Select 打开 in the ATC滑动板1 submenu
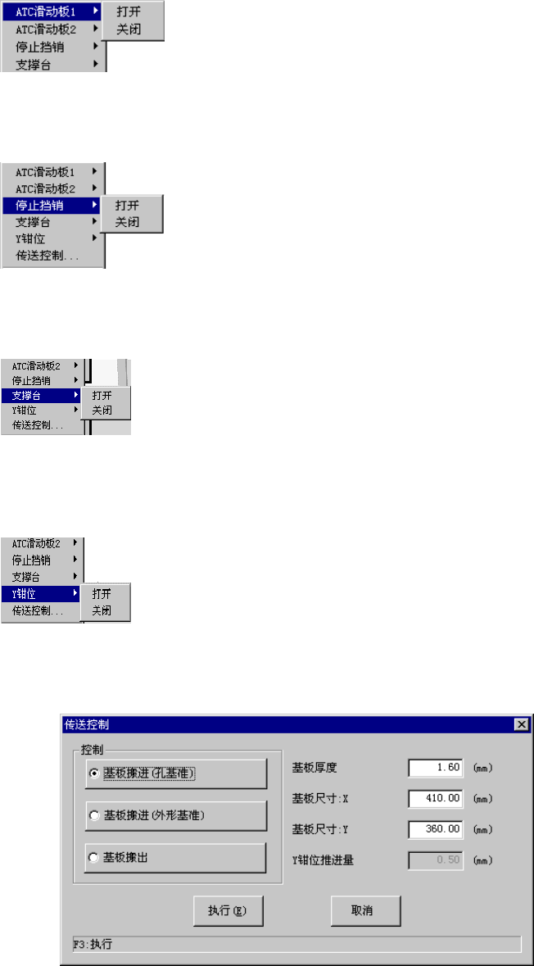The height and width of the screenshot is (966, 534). tap(128, 11)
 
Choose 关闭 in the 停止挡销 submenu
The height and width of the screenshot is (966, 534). tap(127, 222)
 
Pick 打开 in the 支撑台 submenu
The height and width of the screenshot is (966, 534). tap(102, 395)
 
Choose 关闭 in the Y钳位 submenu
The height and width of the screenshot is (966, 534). tap(102, 610)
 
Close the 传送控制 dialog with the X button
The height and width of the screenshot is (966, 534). tap(520, 724)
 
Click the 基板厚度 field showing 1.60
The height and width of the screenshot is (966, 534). tap(436, 768)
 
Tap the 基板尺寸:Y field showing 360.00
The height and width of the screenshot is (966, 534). tap(436, 829)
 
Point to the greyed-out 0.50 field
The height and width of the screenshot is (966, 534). tap(436, 859)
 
